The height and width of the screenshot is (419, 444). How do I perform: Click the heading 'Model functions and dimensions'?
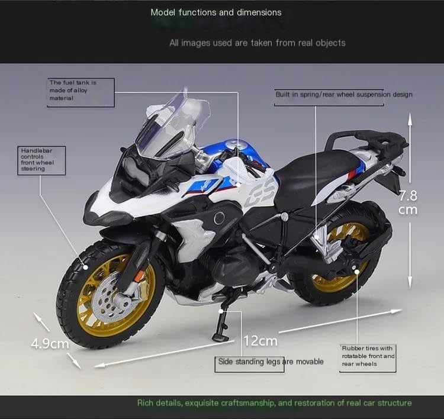tap(216, 12)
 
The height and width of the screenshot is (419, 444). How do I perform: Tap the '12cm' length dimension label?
tap(260, 340)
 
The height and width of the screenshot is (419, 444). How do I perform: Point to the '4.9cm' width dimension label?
tap(50, 343)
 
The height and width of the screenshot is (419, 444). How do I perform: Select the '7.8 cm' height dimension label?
tap(408, 202)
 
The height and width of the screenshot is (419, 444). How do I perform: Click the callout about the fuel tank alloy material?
tap(80, 92)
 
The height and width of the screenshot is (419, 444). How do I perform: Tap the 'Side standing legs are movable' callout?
tap(271, 362)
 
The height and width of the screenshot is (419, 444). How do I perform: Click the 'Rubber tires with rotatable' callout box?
tap(367, 356)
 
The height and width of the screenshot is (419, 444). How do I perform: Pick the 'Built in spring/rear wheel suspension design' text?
tap(344, 95)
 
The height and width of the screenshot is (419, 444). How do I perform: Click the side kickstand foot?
tap(220, 338)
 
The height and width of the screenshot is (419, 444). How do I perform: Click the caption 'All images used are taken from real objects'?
tap(257, 43)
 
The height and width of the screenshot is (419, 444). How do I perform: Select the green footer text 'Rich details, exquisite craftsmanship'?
tap(274, 403)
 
